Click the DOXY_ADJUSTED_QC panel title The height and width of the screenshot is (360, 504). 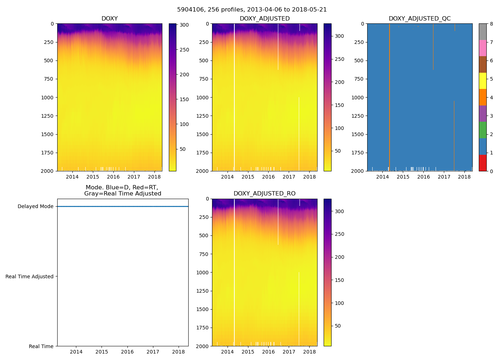tap(419, 19)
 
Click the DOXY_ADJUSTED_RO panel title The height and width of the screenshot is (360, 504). tap(265, 194)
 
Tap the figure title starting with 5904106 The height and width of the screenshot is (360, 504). tap(252, 10)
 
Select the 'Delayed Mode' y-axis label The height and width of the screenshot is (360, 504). tap(35, 207)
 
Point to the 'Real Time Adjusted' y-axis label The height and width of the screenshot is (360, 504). tap(30, 276)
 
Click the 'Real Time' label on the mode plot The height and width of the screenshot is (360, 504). tap(41, 346)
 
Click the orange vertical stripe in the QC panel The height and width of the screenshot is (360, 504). tap(390, 97)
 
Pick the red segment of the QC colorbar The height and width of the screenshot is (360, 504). tap(483, 163)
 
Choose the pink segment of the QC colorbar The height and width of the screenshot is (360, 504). tap(483, 48)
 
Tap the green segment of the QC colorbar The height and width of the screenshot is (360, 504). tap(483, 130)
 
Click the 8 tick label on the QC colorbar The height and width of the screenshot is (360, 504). tap(491, 24)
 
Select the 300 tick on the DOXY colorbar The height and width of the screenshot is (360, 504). tap(184, 25)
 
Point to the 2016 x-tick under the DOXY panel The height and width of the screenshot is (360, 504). tap(113, 177)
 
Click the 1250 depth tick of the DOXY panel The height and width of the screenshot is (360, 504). tap(48, 116)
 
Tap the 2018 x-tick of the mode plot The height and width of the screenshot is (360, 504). tap(179, 352)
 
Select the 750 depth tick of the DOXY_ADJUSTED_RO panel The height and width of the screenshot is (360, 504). tap(203, 254)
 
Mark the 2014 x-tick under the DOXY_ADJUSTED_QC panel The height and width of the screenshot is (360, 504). tap(383, 177)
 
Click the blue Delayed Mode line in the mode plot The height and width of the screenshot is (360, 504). tap(122, 207)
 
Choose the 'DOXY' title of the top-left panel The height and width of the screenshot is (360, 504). tap(109, 19)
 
